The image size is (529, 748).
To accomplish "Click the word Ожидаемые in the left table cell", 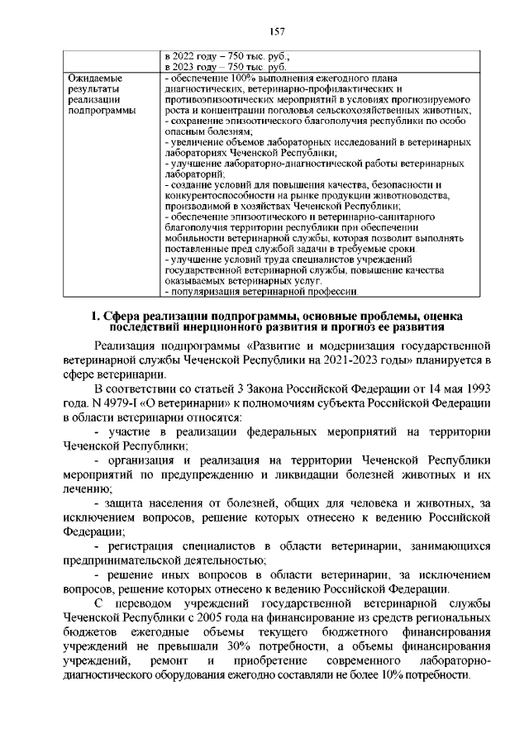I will (93, 79).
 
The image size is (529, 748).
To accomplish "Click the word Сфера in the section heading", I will (143, 315).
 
